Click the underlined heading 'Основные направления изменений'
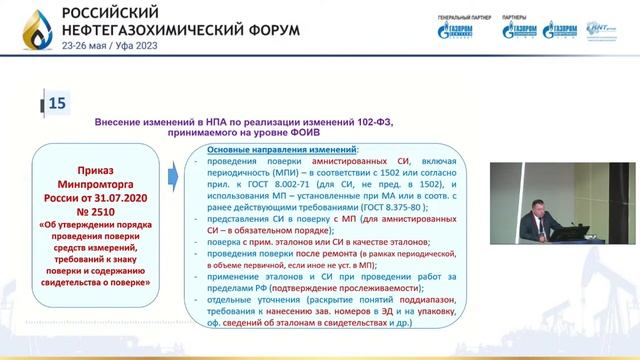point(253,149)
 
